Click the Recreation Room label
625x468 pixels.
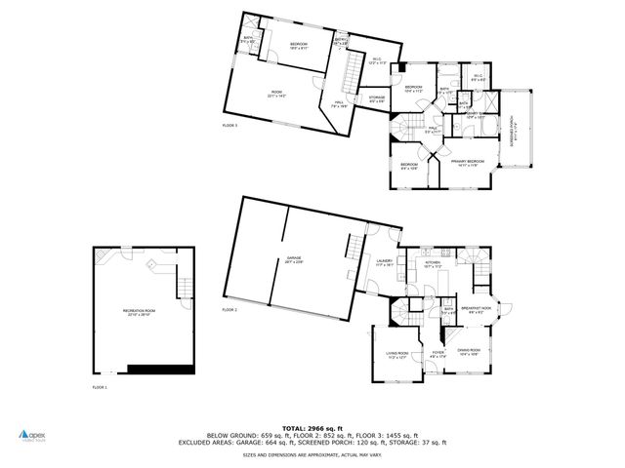click(x=139, y=311)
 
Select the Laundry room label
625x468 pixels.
click(x=384, y=261)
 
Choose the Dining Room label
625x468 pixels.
click(x=470, y=351)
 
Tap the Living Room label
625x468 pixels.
click(x=396, y=355)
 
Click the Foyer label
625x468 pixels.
click(x=438, y=354)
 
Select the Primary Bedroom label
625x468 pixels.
click(x=469, y=162)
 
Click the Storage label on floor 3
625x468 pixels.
click(x=377, y=97)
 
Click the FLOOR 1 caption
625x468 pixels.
click(x=99, y=387)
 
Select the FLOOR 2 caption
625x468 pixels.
click(x=229, y=309)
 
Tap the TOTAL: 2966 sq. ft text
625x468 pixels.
click(x=312, y=427)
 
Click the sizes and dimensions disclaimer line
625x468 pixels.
click(x=312, y=454)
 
